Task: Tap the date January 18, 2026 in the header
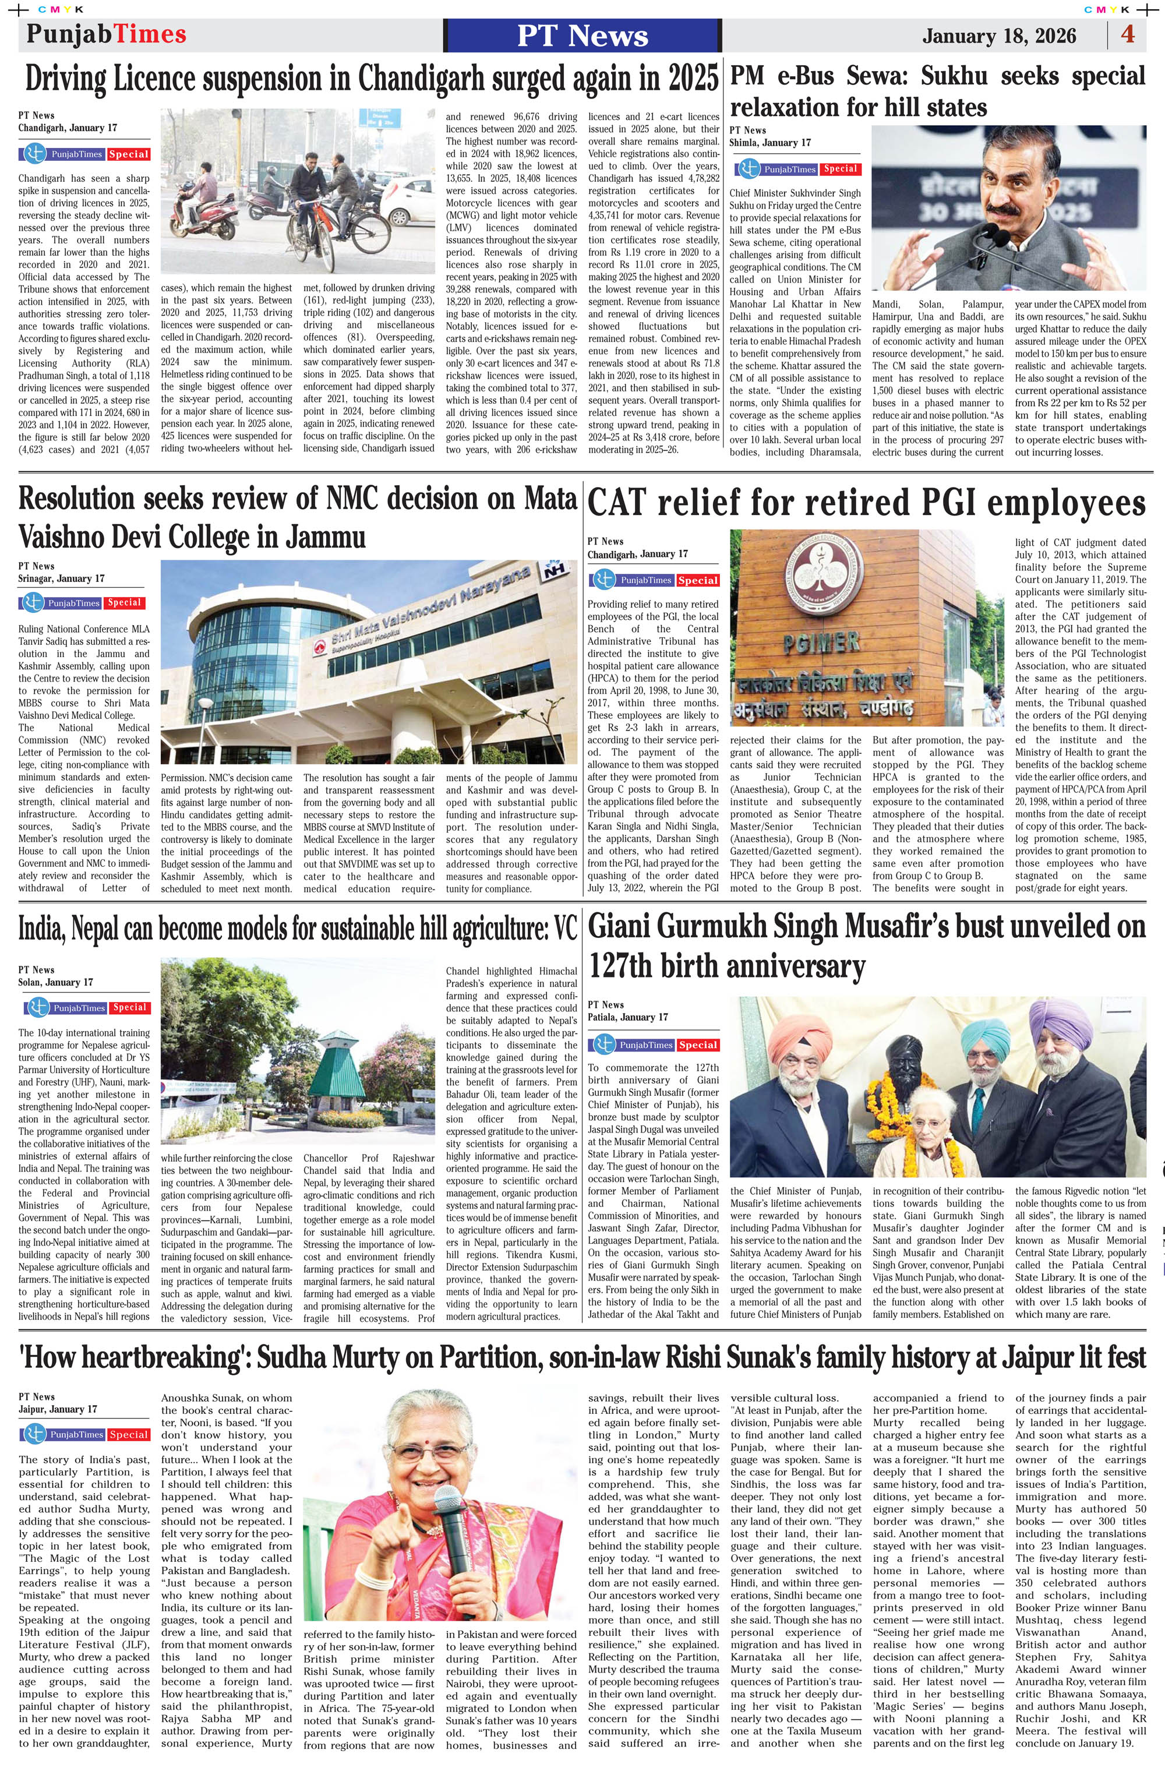(x=999, y=36)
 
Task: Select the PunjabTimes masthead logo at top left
(x=107, y=34)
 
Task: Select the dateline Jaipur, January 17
(x=58, y=1409)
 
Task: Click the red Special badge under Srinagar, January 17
(x=124, y=603)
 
